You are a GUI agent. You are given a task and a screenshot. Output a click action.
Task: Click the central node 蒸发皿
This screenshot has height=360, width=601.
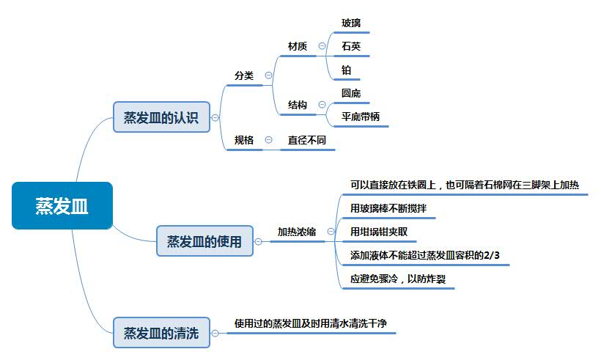coord(62,206)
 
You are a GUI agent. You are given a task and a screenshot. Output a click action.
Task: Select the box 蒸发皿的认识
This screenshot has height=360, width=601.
coord(161,117)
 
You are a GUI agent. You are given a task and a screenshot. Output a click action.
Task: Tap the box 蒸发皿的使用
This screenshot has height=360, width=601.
coord(204,240)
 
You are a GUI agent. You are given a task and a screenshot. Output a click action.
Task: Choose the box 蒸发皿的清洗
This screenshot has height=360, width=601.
coord(161,332)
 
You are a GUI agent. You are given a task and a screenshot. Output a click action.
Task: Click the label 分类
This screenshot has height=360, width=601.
coord(244,76)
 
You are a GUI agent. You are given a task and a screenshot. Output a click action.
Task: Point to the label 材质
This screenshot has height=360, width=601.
coord(298,46)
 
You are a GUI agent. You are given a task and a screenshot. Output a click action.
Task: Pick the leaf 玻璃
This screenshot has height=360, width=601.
coord(351,23)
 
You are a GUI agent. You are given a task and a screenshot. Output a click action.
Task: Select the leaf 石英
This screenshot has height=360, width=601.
coord(351,46)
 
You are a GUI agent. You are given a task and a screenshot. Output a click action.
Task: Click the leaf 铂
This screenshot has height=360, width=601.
coord(347,70)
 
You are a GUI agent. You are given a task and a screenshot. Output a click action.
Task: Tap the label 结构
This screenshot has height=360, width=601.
coord(298,106)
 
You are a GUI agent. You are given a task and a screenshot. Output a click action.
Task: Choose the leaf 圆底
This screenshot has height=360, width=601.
coord(351,93)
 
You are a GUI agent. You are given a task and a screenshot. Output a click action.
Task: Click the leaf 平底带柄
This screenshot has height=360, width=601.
coord(361,117)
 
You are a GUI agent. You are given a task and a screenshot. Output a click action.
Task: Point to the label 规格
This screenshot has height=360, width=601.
coord(244,140)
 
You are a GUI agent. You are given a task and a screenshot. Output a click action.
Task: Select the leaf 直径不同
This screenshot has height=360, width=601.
coord(306,140)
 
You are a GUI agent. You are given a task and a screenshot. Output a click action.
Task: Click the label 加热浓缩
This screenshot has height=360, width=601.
coord(296,232)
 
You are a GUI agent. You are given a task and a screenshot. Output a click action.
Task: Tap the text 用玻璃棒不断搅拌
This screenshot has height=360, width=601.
coord(388,209)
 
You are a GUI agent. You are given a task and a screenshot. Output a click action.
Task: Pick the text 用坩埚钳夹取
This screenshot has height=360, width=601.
coord(379,232)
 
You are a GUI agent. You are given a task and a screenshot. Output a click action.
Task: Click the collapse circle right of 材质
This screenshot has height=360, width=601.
coord(322,46)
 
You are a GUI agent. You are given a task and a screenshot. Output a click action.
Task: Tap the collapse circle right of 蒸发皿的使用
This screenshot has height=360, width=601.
coord(258,240)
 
